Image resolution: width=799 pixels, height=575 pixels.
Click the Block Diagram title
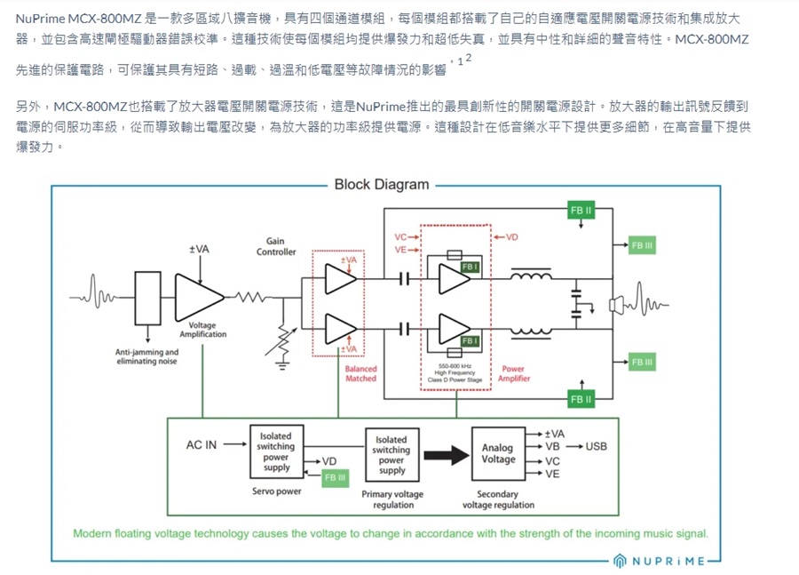(x=381, y=185)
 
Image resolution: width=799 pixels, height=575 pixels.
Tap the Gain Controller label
(x=275, y=247)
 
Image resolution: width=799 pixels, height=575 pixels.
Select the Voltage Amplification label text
(x=202, y=330)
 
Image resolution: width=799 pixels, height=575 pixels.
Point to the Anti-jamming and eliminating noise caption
(x=147, y=356)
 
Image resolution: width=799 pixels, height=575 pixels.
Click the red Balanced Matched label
(x=360, y=373)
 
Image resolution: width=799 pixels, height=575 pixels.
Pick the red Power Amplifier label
(x=513, y=373)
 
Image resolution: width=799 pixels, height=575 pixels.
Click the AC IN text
(x=201, y=445)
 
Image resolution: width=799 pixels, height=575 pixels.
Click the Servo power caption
(x=276, y=491)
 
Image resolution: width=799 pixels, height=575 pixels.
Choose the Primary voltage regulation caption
(x=393, y=499)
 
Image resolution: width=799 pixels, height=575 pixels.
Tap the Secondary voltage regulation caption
(x=498, y=499)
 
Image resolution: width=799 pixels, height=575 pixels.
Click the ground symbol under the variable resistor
(x=283, y=361)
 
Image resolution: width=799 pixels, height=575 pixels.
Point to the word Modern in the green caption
(x=94, y=534)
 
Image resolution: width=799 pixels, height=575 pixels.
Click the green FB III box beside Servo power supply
(x=335, y=477)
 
